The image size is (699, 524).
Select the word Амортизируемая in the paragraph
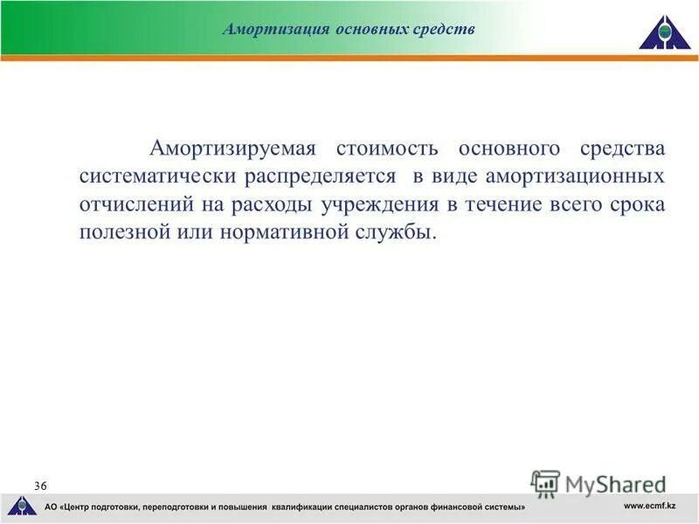coord(231,148)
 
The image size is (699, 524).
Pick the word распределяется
coord(319,176)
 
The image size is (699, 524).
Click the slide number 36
coord(41,485)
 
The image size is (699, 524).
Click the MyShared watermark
coord(599,484)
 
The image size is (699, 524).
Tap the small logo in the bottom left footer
coord(20,506)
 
